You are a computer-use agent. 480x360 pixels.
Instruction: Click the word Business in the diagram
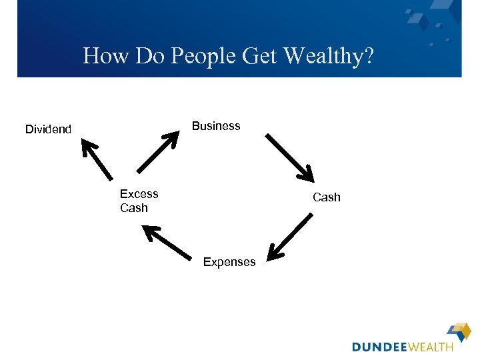(216, 126)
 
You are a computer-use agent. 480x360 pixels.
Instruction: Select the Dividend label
(48, 129)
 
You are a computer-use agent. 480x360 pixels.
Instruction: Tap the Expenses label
(229, 262)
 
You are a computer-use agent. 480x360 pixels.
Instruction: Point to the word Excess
(139, 194)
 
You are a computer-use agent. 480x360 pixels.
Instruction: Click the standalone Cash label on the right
(327, 197)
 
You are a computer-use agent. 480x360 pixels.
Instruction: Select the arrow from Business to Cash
(289, 157)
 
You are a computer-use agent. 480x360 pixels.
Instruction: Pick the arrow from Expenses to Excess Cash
(167, 242)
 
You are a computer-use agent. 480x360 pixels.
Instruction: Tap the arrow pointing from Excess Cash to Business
(157, 152)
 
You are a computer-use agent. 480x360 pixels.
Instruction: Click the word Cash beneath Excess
(134, 208)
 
